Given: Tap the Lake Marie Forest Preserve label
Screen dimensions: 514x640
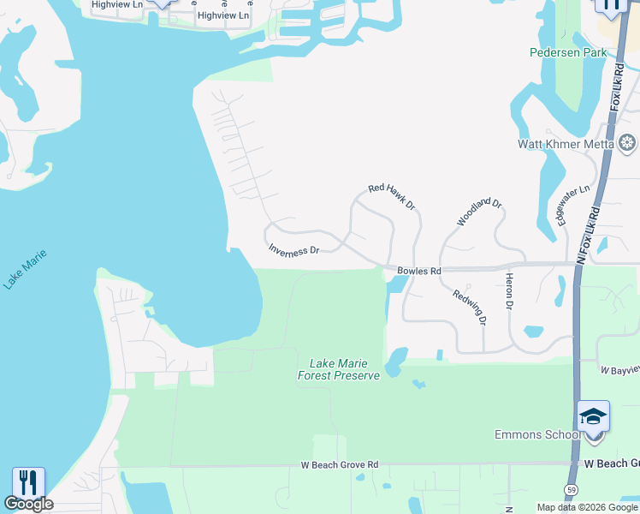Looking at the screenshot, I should click(x=338, y=369).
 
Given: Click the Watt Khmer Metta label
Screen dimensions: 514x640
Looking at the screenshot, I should click(x=566, y=144).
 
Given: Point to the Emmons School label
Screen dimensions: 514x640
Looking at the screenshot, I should click(x=536, y=434).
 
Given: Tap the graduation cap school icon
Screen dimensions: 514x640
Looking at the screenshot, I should click(x=593, y=417).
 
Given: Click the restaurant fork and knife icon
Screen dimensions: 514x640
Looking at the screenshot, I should click(x=28, y=482).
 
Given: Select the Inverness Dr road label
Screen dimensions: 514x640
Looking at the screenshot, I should click(x=293, y=250).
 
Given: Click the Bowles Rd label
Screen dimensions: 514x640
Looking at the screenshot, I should click(x=418, y=271).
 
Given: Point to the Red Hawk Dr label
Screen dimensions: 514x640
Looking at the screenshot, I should click(x=391, y=197).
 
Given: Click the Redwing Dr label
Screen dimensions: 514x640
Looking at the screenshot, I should click(x=470, y=308).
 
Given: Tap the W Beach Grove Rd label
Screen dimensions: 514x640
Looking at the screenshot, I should click(x=339, y=464).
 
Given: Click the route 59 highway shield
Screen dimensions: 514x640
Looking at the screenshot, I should click(x=570, y=489).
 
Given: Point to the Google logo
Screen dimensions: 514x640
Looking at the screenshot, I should click(x=28, y=504).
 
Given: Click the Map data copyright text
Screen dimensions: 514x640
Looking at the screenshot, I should click(x=587, y=507).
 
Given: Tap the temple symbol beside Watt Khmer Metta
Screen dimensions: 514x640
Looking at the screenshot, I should click(x=628, y=142).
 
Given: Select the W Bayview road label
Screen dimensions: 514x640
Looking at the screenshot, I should click(x=619, y=371).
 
